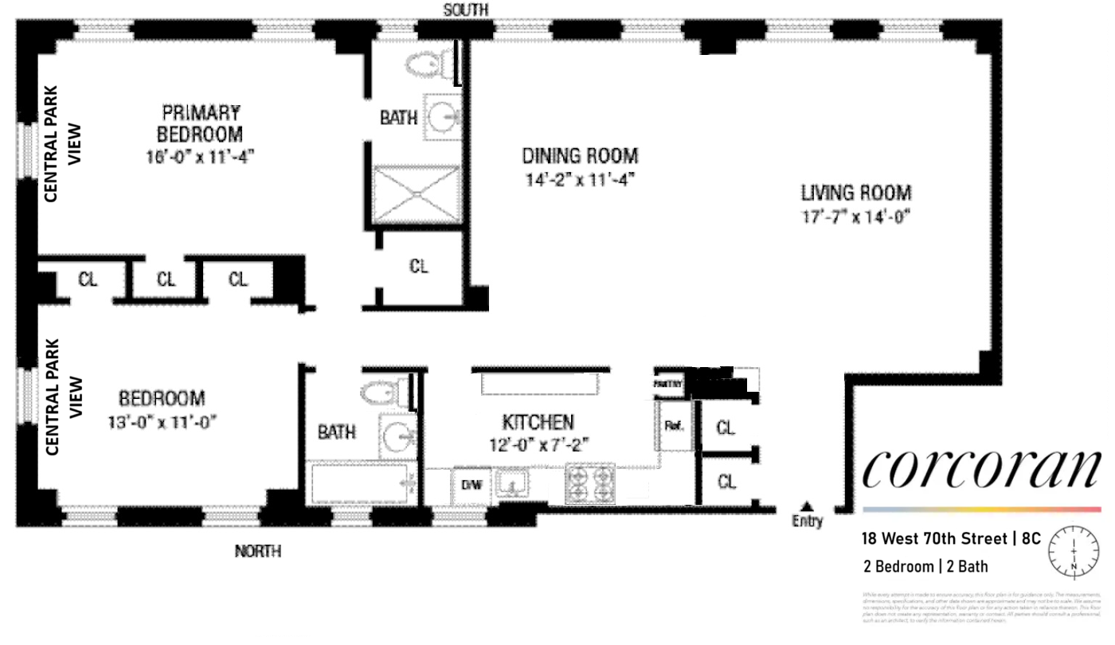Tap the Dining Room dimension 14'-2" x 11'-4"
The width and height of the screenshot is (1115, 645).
point(580,180)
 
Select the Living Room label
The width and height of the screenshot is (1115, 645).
point(856,193)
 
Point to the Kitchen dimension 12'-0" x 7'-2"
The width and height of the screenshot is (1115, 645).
point(538,446)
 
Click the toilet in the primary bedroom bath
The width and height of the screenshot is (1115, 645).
point(428,64)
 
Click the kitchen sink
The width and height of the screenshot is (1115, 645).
point(511,483)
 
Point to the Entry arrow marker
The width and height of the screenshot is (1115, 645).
point(807,506)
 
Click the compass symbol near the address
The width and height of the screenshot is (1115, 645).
point(1074,551)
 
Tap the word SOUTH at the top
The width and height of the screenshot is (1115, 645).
point(466,10)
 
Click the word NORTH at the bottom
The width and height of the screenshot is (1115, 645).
point(257,551)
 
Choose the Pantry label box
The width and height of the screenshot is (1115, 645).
point(668,383)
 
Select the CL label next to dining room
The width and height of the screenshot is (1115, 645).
point(419,267)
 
